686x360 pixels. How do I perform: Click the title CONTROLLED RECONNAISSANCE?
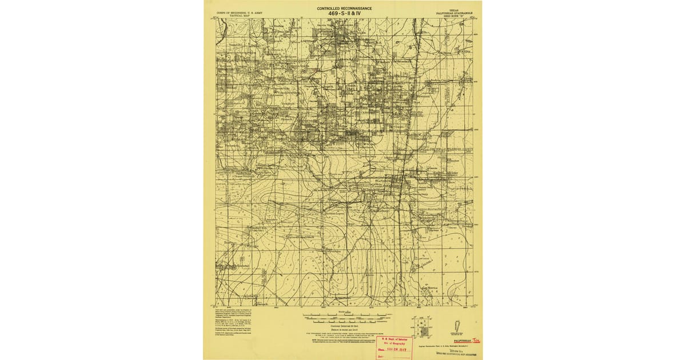tap(345, 9)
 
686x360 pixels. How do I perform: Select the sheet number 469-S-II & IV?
tap(345, 14)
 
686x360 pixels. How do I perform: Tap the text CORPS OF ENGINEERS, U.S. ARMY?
tap(234, 11)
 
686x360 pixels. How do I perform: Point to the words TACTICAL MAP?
tap(234, 15)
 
